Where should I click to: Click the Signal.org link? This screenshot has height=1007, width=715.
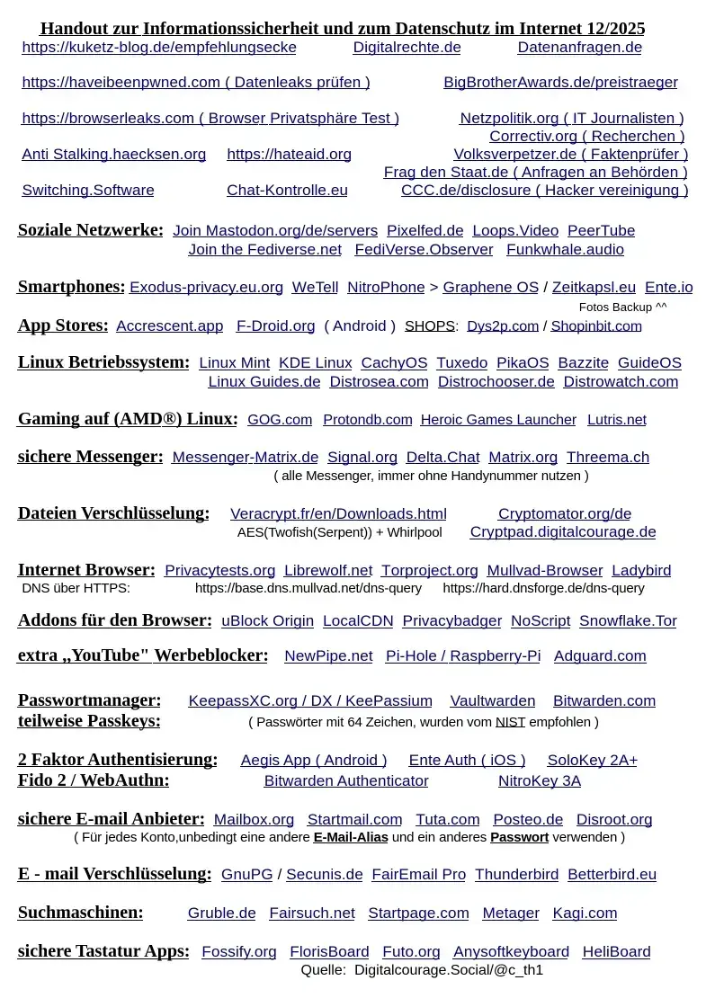[362, 457]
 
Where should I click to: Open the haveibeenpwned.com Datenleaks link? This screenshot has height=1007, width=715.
[196, 82]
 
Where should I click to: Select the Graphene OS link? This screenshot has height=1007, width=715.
[490, 287]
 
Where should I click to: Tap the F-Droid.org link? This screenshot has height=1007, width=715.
[275, 325]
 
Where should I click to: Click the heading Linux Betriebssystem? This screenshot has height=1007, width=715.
[103, 362]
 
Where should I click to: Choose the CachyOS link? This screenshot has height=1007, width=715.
[394, 362]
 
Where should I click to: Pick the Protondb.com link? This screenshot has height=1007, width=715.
[367, 419]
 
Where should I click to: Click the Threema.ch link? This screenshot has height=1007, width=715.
[607, 457]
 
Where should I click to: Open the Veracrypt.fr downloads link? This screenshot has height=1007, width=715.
[338, 513]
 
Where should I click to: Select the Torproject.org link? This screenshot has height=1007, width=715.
[429, 570]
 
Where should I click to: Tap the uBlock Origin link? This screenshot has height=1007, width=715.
[267, 620]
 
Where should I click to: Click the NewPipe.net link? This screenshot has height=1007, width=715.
[328, 655]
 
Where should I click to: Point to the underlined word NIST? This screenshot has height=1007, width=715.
[510, 721]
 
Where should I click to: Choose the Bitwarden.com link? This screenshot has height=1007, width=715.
[603, 700]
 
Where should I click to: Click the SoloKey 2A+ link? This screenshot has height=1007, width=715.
[592, 760]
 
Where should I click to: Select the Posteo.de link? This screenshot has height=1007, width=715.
[528, 819]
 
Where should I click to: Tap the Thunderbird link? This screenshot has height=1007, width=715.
[516, 874]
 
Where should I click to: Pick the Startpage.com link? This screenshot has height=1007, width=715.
[418, 913]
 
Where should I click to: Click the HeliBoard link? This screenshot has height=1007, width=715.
[616, 951]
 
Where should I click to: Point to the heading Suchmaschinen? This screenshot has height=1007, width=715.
[80, 913]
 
